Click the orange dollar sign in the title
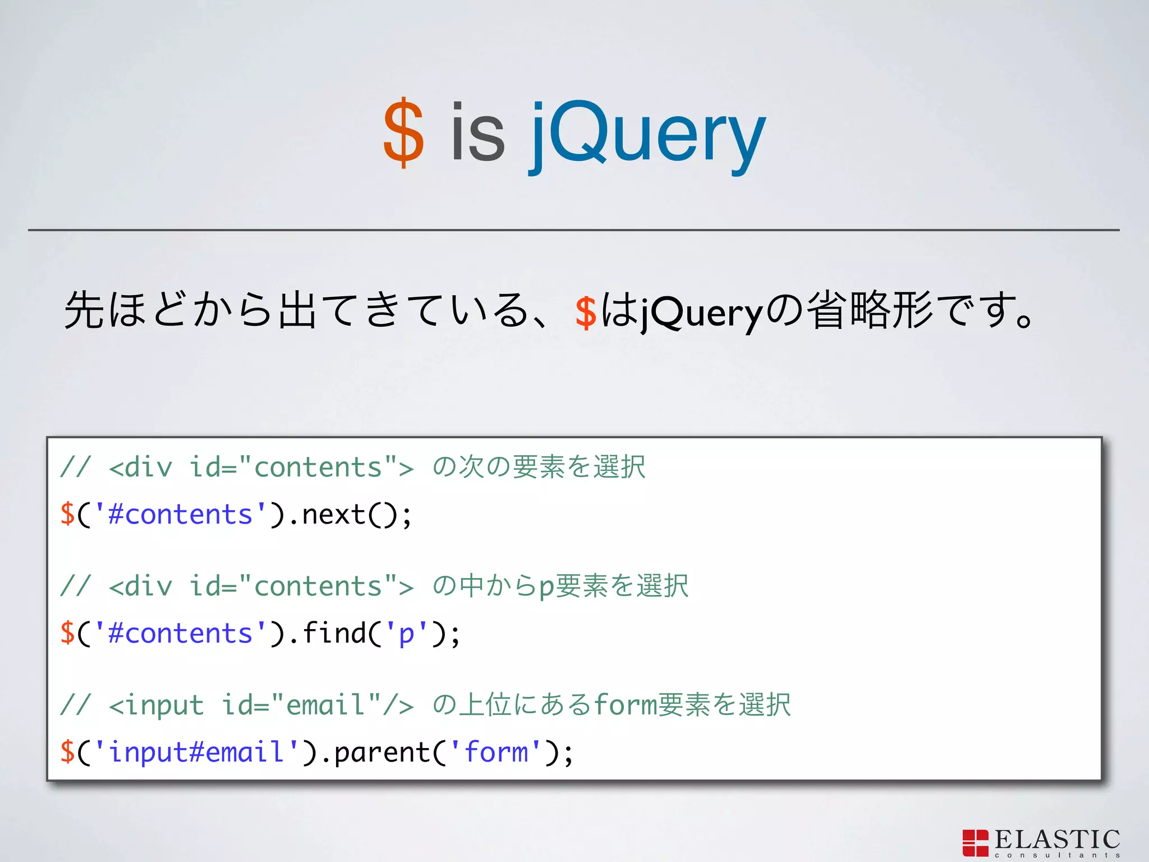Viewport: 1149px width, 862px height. click(403, 134)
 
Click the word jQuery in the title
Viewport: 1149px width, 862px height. click(648, 135)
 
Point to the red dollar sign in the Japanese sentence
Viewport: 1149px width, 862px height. click(585, 312)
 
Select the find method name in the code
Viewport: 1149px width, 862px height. click(334, 634)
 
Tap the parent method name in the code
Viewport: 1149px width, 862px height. click(382, 753)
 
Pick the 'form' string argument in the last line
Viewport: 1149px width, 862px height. click(497, 753)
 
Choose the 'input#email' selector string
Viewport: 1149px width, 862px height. click(196, 753)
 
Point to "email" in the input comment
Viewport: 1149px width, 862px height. click(325, 705)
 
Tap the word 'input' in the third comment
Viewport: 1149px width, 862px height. click(164, 705)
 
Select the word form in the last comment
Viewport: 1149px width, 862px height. click(624, 704)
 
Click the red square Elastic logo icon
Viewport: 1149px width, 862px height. click(975, 843)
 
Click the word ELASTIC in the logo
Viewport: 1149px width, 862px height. click(1057, 840)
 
